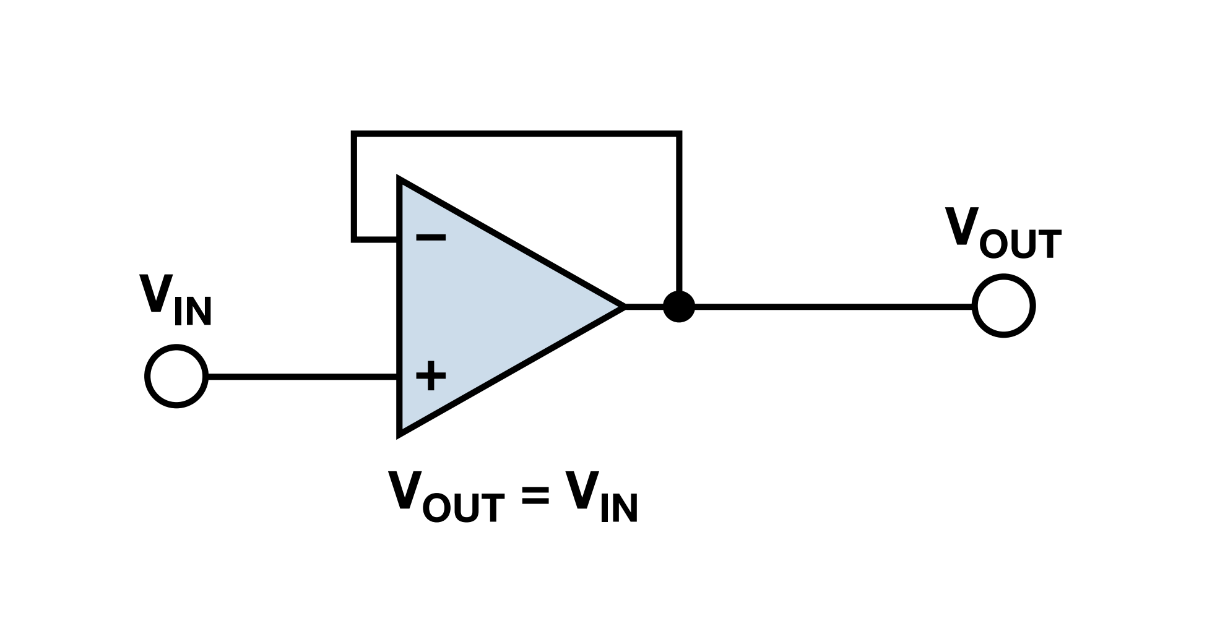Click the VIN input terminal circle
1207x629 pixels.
(176, 376)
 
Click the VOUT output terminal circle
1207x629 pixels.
(1003, 306)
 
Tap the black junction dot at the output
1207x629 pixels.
(679, 306)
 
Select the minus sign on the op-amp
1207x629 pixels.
(430, 237)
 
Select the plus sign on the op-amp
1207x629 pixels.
(430, 376)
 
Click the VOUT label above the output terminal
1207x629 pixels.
(1003, 234)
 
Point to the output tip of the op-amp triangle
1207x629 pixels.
(622, 306)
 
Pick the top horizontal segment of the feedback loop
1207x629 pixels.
(517, 133)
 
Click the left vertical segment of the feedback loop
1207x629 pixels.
(353, 186)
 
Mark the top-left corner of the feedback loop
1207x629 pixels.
(353, 133)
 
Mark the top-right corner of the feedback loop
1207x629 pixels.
(679, 133)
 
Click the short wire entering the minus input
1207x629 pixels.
(375, 238)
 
